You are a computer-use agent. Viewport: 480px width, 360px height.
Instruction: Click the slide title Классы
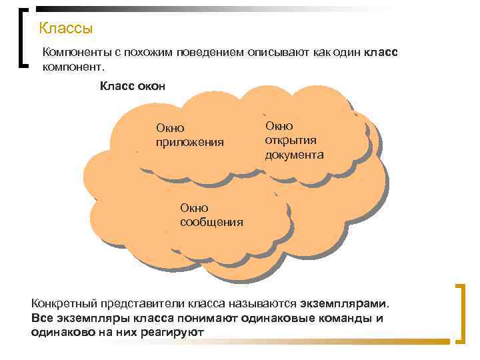point(65,29)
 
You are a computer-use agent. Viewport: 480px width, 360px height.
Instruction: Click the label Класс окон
point(132,85)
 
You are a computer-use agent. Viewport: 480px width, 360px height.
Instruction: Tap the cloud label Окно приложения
point(189,135)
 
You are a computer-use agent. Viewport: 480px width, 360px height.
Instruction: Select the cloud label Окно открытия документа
point(294,140)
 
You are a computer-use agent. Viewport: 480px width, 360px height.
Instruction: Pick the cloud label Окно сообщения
point(211,215)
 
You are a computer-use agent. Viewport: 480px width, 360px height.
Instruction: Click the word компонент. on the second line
point(73,67)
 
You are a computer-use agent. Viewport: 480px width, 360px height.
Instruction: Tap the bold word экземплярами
point(351,304)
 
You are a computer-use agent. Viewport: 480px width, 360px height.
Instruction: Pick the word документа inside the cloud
point(294,155)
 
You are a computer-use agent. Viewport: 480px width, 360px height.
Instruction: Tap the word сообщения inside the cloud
point(211,222)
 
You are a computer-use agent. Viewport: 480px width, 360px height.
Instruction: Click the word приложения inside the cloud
point(189,142)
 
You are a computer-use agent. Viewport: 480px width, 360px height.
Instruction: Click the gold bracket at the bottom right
point(459,313)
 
